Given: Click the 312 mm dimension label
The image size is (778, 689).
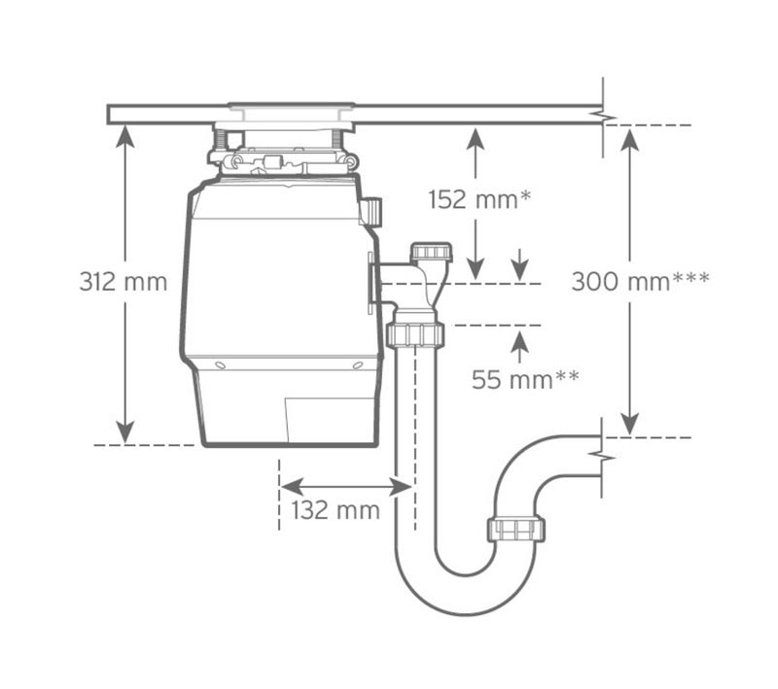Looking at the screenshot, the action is pos(124,282).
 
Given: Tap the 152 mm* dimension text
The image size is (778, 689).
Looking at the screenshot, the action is pos(479,199).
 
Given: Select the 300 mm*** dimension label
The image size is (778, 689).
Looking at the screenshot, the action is pos(640,282).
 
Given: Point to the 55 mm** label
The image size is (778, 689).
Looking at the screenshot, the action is pos(525,380).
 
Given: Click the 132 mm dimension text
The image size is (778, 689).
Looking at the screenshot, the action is pos(336,510).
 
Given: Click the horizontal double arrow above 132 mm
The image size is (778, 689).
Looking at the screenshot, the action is pos(346,487).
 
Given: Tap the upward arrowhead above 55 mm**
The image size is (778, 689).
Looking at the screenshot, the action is pos(519,340).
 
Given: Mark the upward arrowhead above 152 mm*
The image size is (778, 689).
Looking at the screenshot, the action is pos(476,138).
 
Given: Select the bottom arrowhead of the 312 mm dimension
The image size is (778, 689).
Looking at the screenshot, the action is pos(125,432).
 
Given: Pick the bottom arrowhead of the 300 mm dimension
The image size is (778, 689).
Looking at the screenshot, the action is pos(629,426).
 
